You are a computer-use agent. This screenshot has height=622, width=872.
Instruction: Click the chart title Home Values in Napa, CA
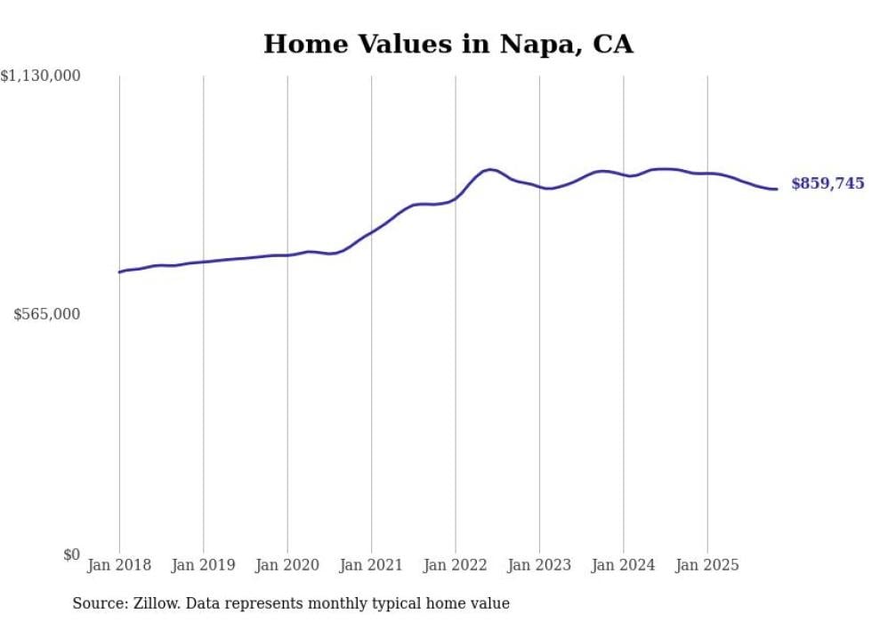(x=448, y=44)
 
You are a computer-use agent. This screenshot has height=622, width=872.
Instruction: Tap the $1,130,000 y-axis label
(x=41, y=77)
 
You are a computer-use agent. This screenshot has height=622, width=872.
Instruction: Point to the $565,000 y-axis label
(x=47, y=314)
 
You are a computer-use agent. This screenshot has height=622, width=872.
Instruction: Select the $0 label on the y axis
(x=71, y=554)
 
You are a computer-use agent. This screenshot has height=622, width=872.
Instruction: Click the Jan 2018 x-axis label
(x=119, y=565)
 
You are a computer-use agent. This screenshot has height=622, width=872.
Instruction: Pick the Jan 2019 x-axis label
(x=204, y=565)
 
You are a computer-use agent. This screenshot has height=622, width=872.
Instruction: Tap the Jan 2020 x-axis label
(x=287, y=565)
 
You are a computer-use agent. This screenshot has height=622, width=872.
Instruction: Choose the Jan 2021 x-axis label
(x=371, y=565)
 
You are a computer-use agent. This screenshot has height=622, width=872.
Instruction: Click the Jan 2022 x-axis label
(x=456, y=565)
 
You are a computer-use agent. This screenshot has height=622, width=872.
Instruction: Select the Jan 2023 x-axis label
(x=539, y=565)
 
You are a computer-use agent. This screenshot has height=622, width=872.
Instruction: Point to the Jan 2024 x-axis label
(x=624, y=565)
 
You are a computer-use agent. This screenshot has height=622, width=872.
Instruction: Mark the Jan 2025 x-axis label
(x=707, y=565)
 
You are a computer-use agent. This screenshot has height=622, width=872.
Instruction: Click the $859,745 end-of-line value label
(x=827, y=184)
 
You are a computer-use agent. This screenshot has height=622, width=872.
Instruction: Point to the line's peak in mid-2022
(x=490, y=169)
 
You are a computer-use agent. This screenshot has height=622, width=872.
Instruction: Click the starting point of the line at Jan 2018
(x=119, y=272)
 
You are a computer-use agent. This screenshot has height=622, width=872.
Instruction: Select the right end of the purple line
(x=777, y=189)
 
